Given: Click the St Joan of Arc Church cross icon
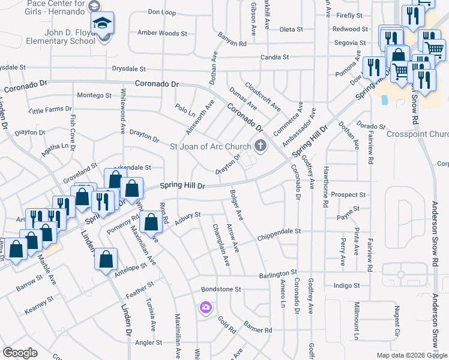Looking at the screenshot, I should [261, 145].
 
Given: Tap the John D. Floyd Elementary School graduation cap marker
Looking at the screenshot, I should [103, 24].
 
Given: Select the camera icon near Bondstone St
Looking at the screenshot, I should [206, 307].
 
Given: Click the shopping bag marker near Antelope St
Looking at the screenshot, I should [106, 260].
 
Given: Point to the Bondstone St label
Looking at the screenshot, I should [221, 289].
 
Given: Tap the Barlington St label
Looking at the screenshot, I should [279, 274].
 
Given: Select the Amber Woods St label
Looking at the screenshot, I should [162, 33].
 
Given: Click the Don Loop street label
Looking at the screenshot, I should [161, 12].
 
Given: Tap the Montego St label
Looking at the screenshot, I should [94, 95].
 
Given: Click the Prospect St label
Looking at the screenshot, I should [348, 195].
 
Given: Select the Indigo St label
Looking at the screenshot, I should [346, 286].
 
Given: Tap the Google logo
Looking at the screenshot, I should [20, 353].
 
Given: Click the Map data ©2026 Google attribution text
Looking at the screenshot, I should [411, 355].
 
